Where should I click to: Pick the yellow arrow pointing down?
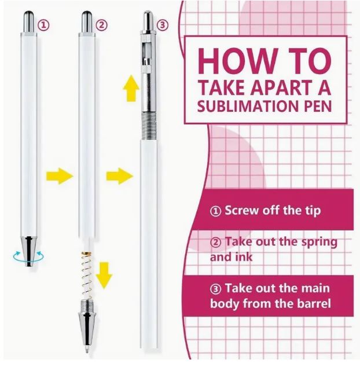point(104,275)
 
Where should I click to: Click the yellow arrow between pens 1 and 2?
point(60,175)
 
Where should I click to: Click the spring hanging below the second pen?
point(85,277)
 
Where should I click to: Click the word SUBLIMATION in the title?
point(249,108)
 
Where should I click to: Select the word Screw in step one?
point(241,210)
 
